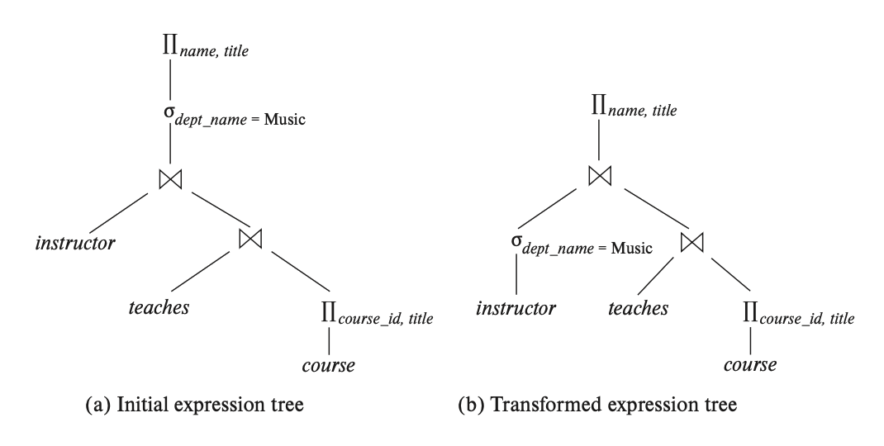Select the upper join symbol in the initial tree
(x=170, y=178)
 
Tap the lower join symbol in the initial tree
(x=250, y=240)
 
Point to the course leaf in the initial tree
(x=328, y=364)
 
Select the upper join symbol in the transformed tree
(x=599, y=176)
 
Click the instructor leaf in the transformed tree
(x=516, y=309)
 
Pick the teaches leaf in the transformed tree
(x=639, y=308)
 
